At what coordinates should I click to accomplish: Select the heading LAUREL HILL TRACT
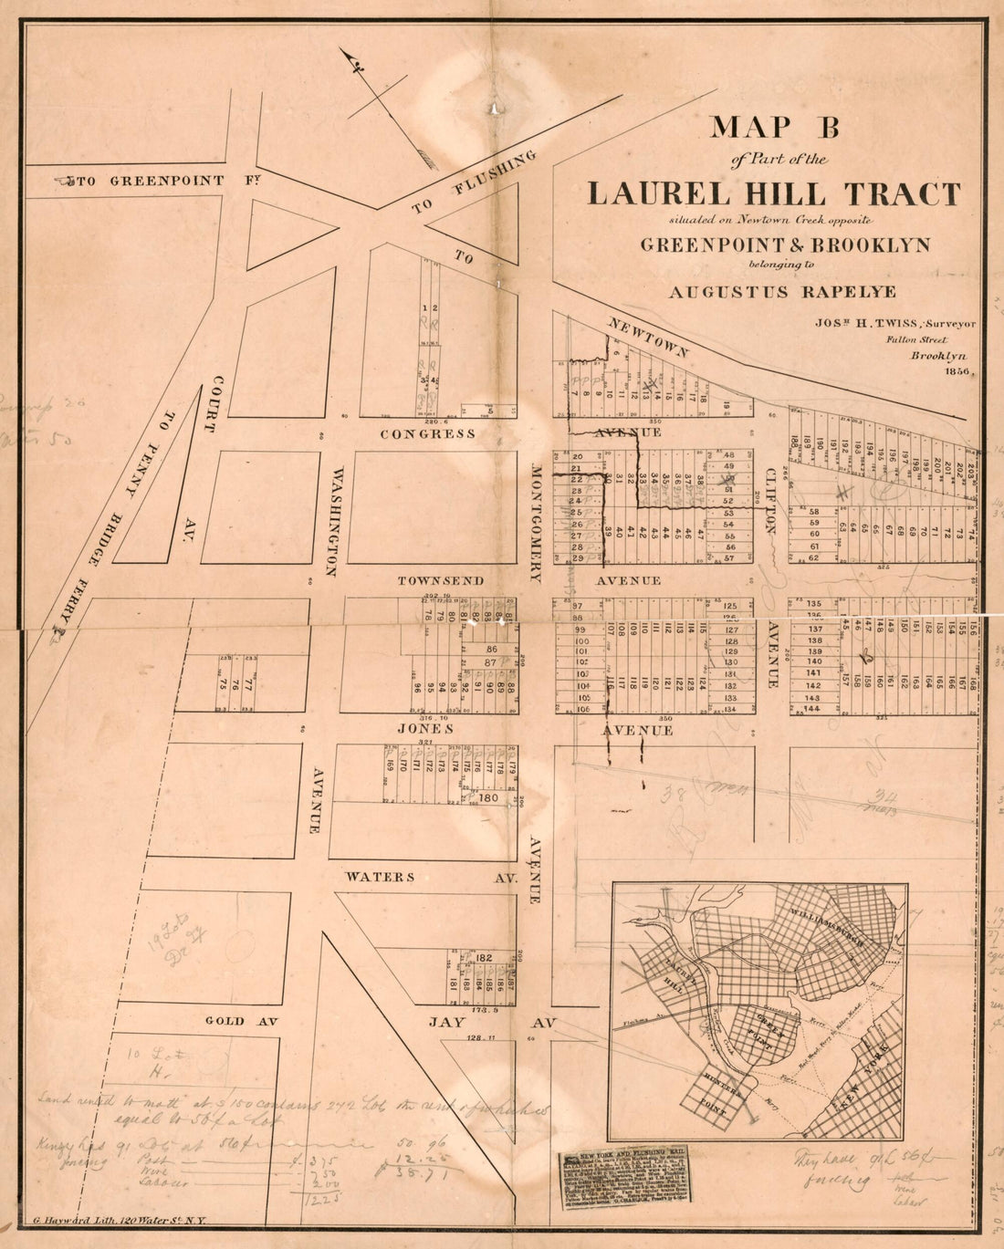click(x=773, y=194)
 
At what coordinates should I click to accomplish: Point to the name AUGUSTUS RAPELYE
click(x=782, y=293)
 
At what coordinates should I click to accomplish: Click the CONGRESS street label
click(x=427, y=434)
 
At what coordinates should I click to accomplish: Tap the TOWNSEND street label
click(x=440, y=581)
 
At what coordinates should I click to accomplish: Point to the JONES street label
click(x=425, y=729)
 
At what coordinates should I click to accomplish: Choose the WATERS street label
click(x=380, y=877)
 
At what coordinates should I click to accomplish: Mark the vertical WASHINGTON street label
click(x=337, y=521)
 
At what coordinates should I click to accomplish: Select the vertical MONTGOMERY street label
click(x=537, y=521)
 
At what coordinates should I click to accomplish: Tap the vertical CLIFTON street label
click(x=770, y=501)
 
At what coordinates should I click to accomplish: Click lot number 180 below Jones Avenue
click(x=488, y=798)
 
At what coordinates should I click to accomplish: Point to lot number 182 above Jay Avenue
click(x=484, y=957)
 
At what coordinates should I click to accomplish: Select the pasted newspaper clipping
click(x=624, y=1180)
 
